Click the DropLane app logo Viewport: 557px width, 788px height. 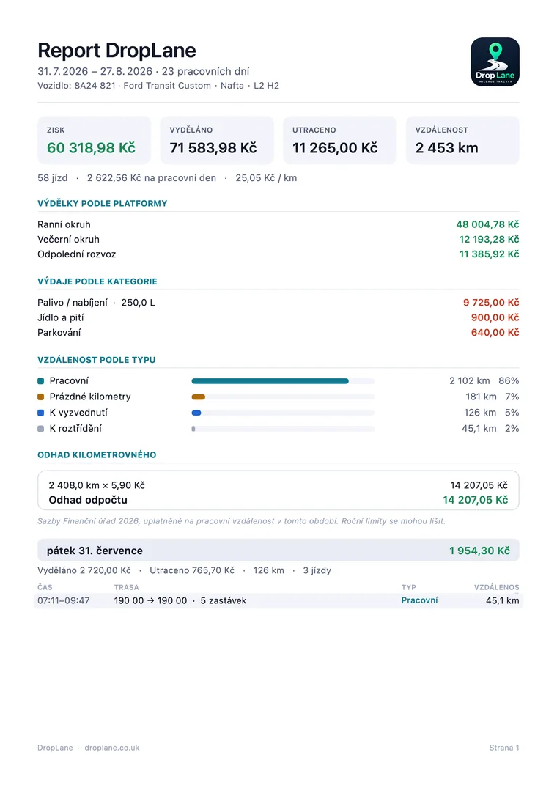495,62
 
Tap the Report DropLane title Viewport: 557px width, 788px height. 117,51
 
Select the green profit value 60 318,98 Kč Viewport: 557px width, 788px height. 92,148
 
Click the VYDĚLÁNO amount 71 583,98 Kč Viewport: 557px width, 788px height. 213,148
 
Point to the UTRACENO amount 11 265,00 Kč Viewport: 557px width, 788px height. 335,148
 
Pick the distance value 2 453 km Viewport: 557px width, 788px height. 446,148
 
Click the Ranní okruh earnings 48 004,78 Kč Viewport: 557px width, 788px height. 487,224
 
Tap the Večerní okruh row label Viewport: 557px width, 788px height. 68,239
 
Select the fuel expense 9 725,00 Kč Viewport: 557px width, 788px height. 491,303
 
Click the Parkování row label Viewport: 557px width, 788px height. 59,332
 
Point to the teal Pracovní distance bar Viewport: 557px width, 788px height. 270,381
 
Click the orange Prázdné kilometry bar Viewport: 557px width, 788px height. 199,397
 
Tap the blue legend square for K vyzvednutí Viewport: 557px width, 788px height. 41,413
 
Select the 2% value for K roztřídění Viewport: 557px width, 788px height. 512,429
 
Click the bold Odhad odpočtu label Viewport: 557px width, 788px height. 88,500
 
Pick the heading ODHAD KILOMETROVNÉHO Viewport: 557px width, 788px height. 97,454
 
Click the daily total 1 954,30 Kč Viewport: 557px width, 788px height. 479,551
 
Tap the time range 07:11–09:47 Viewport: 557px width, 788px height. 63,600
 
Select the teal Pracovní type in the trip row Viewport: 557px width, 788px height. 419,600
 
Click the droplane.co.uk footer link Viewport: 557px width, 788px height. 112,748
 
